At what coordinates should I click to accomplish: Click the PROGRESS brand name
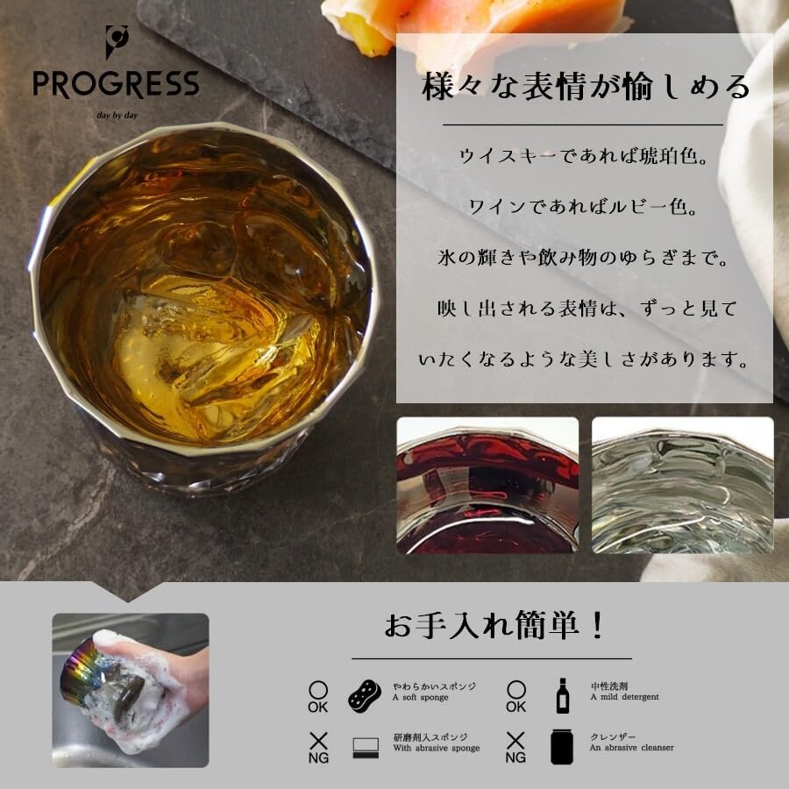click(x=116, y=85)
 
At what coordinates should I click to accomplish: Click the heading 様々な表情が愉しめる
click(x=586, y=88)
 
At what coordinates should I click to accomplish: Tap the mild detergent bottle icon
click(x=563, y=695)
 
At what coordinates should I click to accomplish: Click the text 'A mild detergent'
click(x=624, y=698)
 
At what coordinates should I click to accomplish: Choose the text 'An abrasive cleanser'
click(x=632, y=748)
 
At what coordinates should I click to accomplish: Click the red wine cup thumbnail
click(x=487, y=485)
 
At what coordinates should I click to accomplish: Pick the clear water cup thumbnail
click(x=682, y=485)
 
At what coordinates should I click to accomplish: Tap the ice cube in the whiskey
click(x=219, y=351)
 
